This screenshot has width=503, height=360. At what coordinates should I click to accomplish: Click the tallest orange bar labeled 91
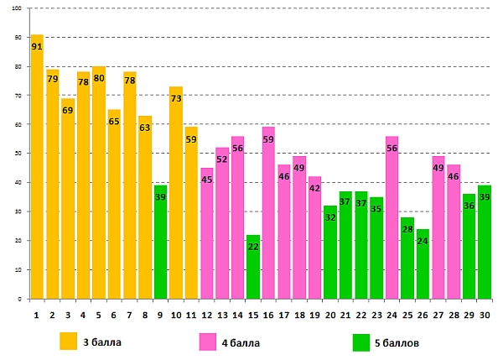click(x=37, y=168)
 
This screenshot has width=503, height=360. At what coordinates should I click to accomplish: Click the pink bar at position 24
click(x=392, y=217)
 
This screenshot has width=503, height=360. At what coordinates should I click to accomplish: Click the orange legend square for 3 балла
click(x=69, y=341)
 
